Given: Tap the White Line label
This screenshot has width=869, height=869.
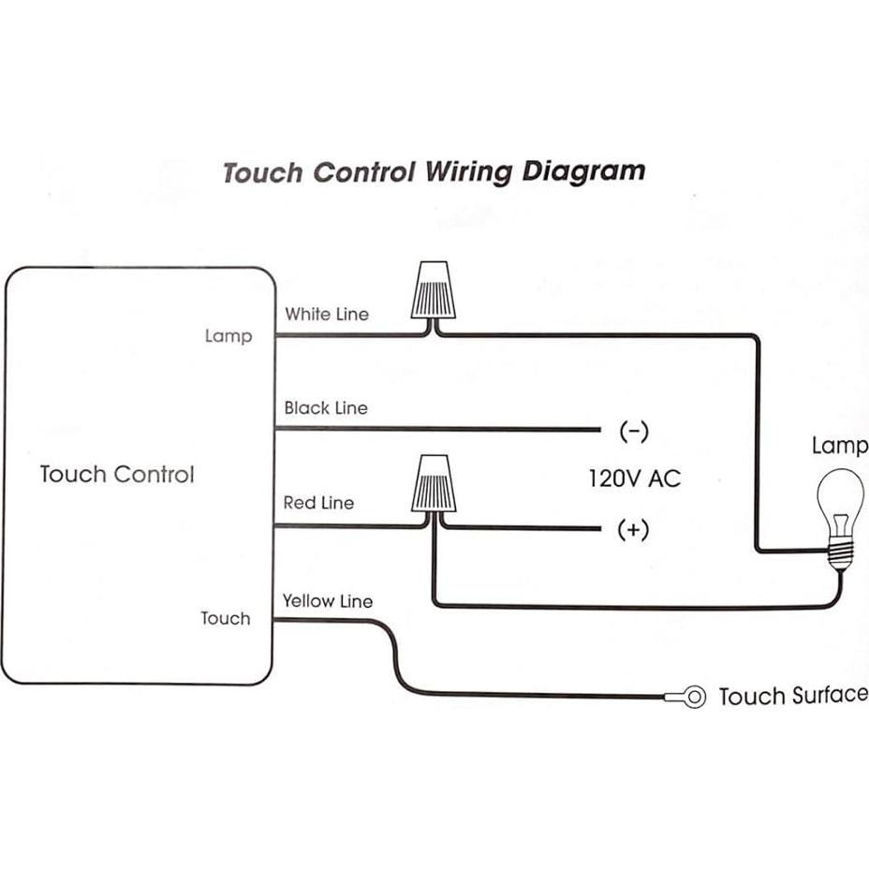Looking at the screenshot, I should point(327,314).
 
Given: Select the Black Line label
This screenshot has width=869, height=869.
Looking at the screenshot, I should point(326,408).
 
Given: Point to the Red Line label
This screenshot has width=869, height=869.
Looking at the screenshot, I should point(318,503).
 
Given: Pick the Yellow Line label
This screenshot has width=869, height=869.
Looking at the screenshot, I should point(328,601).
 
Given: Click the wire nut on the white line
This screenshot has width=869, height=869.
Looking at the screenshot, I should point(432,292).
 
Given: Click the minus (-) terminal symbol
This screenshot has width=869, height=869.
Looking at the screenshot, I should point(634,432).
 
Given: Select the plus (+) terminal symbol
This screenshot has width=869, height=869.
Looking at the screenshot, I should point(633,530).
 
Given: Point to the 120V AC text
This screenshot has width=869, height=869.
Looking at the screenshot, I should point(634,479).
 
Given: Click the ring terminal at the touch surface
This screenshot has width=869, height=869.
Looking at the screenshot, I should point(693,697).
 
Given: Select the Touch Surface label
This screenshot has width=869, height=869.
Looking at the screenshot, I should point(792,696).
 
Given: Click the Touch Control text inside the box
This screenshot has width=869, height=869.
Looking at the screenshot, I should point(117,474).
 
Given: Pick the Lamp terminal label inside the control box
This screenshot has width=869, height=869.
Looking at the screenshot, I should point(228,335).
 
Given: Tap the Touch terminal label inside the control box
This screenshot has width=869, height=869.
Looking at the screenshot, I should point(226,618).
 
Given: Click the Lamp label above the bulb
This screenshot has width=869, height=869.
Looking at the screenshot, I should point(839,446).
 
